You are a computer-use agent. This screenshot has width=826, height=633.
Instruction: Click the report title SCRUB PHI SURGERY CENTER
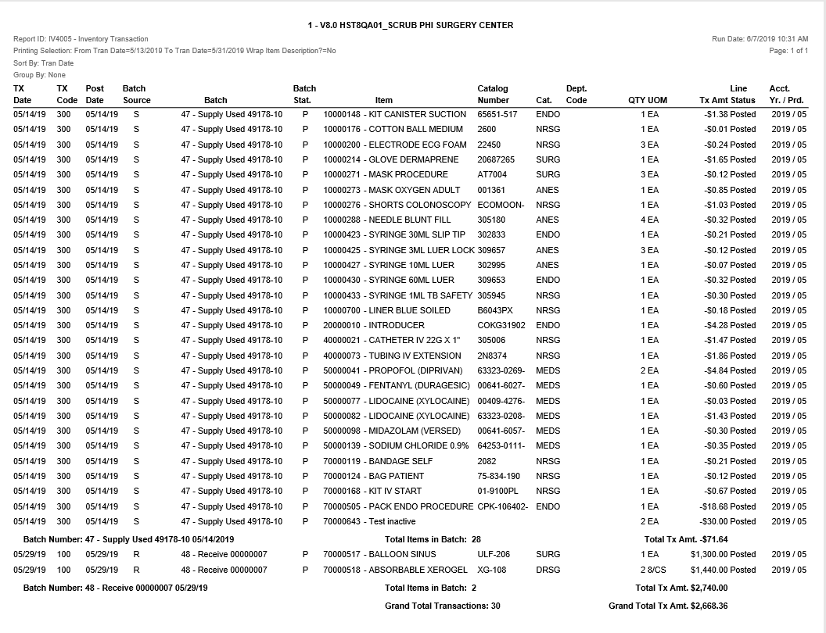pos(411,25)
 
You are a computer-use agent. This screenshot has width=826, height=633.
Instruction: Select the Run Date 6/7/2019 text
pos(760,38)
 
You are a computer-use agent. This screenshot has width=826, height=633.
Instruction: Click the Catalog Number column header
pos(493,95)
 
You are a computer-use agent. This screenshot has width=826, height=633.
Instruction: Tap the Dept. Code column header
pos(576,95)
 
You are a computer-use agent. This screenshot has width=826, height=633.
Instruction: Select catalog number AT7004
pos(492,174)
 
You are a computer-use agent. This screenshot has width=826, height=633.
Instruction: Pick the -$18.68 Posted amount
pos(729,506)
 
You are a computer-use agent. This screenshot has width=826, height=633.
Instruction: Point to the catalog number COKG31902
pos(501,325)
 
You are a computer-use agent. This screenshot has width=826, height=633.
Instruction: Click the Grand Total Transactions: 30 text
pos(442,606)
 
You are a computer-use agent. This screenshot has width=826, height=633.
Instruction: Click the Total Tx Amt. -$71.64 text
pos(685,539)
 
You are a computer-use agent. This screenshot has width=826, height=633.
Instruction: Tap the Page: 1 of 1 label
pos(788,51)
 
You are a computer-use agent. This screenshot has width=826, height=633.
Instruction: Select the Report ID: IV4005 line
pos(81,38)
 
